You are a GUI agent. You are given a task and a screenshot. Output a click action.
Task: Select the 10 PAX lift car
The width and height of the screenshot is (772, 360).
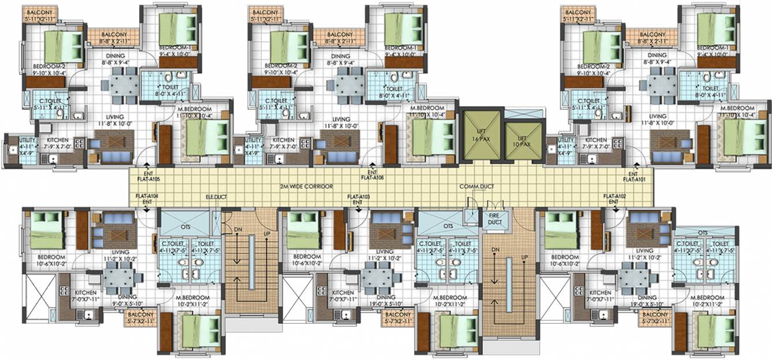pyautogui.click(x=523, y=142)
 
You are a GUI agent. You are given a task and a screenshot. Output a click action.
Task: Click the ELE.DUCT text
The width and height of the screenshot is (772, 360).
pyautogui.click(x=217, y=197)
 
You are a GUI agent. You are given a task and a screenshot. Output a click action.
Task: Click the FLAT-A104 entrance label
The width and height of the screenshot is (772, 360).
pyautogui.click(x=147, y=199)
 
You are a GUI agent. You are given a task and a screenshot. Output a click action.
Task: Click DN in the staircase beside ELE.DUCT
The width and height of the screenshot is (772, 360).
pyautogui.click(x=237, y=229)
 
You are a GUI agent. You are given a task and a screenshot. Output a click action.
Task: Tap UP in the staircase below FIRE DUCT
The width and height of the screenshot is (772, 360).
pyautogui.click(x=524, y=257)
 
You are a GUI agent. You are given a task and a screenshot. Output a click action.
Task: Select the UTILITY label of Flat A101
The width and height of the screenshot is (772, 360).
pyautogui.click(x=564, y=143)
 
